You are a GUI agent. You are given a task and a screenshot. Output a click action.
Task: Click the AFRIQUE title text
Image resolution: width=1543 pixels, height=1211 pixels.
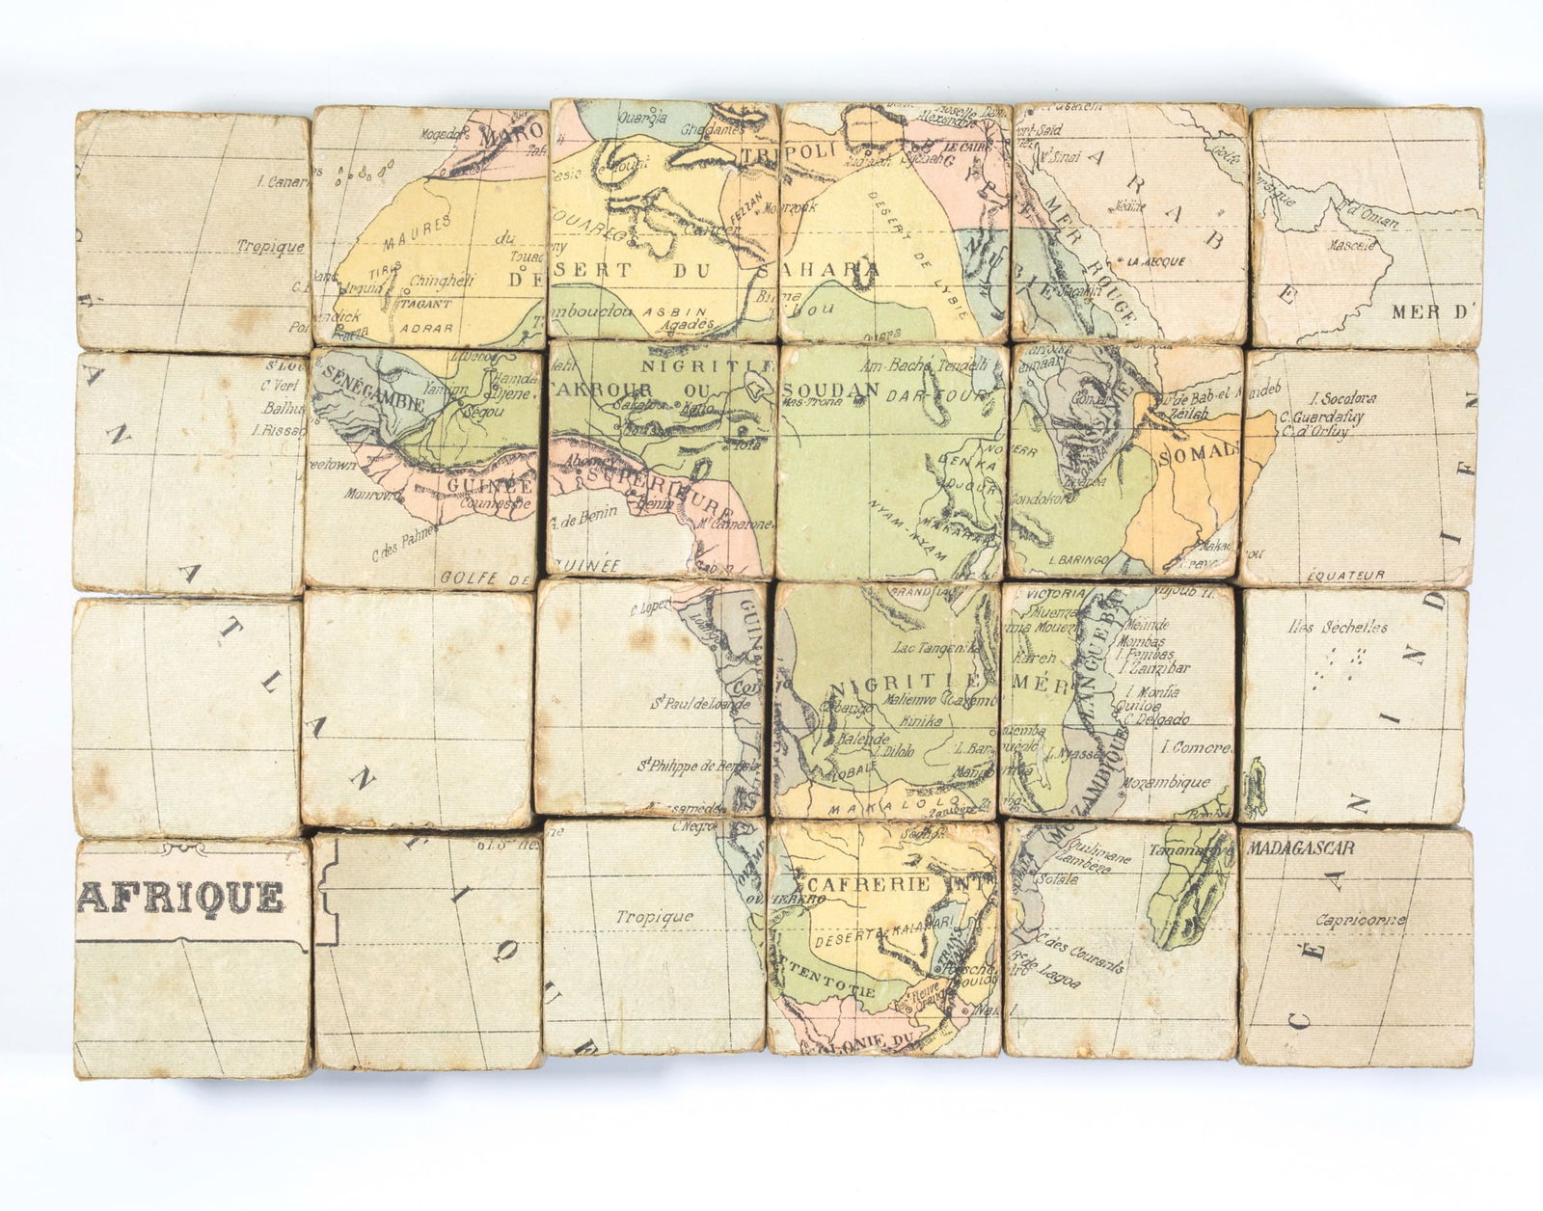click(181, 897)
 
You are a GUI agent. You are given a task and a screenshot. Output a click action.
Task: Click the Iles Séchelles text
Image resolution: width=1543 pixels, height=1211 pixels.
click(1337, 628)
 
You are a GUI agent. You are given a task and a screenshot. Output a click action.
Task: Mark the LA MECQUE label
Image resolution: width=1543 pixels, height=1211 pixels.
click(1155, 261)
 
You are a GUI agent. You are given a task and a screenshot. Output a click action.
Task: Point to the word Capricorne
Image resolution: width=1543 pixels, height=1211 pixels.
click(1360, 920)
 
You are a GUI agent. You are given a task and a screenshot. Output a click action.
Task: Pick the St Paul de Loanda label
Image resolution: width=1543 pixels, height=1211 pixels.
click(699, 704)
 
